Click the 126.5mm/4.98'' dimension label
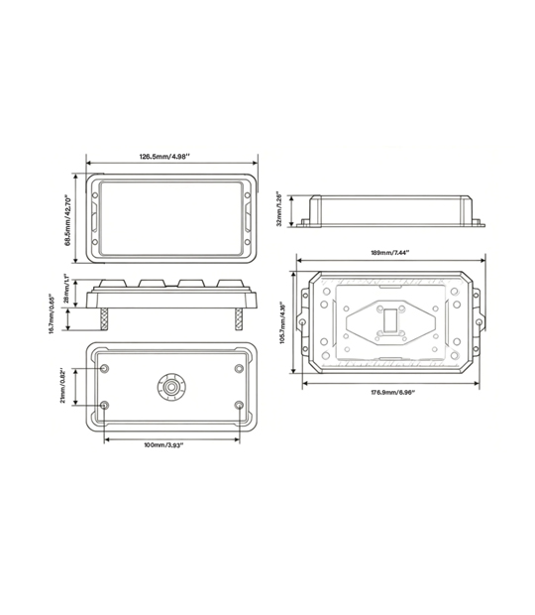[164, 157]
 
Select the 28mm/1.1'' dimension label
[66, 289]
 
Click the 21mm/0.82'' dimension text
[62, 386]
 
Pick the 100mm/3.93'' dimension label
[163, 445]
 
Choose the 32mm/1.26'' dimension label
[279, 209]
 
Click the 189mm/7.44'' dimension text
[389, 253]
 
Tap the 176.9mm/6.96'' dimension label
[393, 392]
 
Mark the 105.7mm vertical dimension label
[281, 322]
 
